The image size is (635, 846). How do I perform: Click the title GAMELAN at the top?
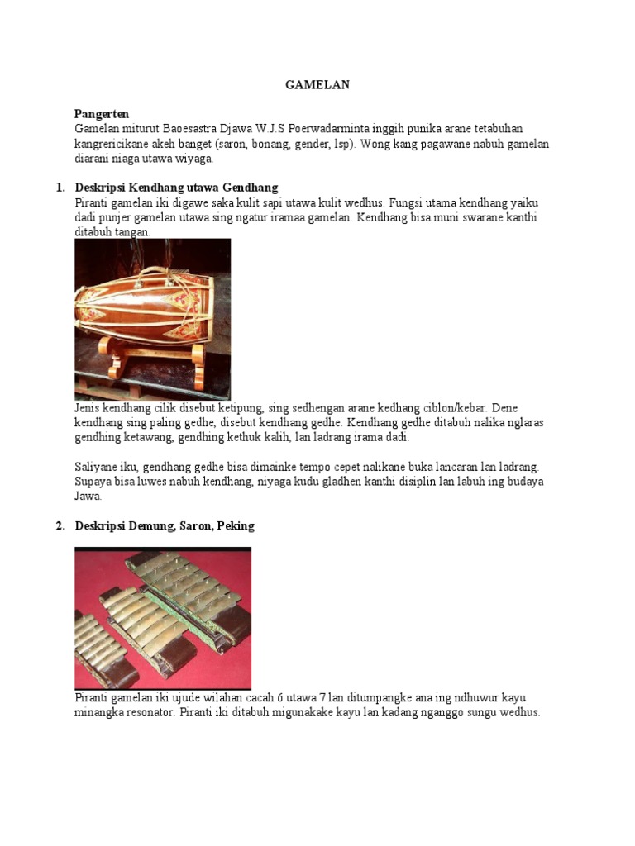pyautogui.click(x=317, y=84)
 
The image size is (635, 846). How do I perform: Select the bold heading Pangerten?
pyautogui.click(x=102, y=114)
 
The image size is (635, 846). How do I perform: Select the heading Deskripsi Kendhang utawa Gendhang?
pyautogui.click(x=176, y=188)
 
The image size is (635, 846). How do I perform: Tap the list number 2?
pyautogui.click(x=60, y=526)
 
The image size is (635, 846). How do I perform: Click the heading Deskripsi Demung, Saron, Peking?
pyautogui.click(x=165, y=526)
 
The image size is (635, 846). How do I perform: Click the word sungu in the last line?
pyautogui.click(x=477, y=713)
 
